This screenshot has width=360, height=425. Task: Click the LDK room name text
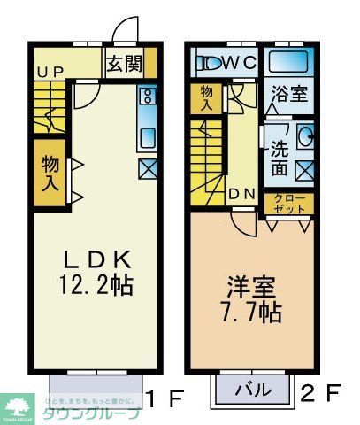97,260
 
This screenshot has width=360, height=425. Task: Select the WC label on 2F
240,64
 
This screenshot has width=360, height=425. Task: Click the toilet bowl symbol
211,64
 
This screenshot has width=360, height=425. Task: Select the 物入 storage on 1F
51,174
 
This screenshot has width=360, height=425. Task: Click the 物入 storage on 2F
207,97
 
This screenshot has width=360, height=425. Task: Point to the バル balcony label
250,388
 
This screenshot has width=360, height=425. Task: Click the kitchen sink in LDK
148,136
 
